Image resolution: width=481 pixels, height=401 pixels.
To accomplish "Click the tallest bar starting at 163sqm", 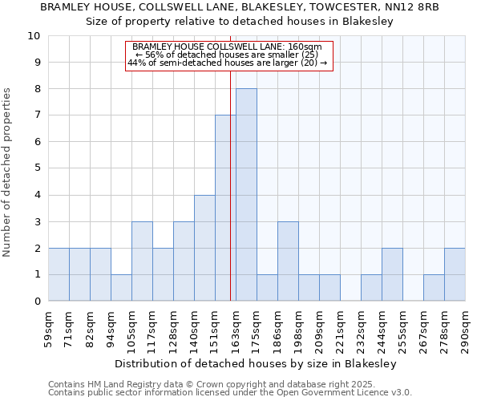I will pos(246,195).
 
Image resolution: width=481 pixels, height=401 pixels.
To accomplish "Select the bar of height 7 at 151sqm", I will pos(225,209).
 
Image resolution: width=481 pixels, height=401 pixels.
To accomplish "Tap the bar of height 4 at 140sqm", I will pos(204,248).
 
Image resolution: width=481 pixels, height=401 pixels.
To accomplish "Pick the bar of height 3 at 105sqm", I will pos(142,261).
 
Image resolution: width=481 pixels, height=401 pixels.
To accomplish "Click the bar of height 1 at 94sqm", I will pos(121,288).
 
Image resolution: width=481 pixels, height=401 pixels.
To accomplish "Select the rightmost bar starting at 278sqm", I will pos(455,274).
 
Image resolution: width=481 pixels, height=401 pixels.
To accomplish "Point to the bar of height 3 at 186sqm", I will pos(288,261).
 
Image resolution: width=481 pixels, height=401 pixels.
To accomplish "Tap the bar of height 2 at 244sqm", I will pos(392,274).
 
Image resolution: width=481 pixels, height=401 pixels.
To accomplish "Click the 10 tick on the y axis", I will pos(34,36).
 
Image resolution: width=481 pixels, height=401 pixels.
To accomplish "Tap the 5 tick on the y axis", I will pos(36,168).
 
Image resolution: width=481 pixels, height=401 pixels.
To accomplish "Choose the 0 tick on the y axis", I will pos(36,302).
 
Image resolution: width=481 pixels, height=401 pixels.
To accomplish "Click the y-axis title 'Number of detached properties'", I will pos(8,172).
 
